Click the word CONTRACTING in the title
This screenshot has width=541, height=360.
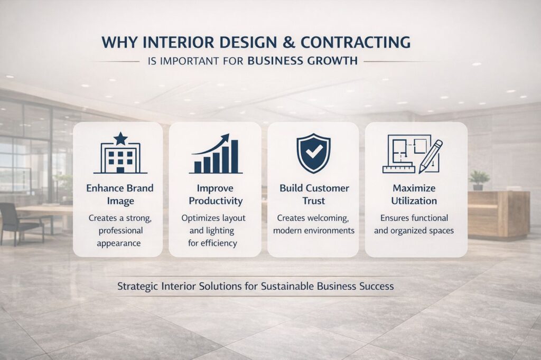click(x=356, y=42)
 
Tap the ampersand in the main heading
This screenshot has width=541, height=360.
click(x=288, y=42)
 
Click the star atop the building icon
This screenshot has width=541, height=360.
click(x=120, y=138)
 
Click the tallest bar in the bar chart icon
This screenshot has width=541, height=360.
click(x=234, y=157)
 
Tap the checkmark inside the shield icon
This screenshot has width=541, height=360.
click(x=314, y=151)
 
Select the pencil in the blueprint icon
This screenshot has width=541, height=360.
click(x=430, y=157)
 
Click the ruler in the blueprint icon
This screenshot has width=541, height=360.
click(x=398, y=169)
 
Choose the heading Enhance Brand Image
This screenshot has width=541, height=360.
click(x=120, y=194)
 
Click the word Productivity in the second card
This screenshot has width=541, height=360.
click(x=216, y=201)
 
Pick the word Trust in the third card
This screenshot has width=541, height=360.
click(x=314, y=201)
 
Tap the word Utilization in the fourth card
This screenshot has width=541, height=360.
click(x=414, y=201)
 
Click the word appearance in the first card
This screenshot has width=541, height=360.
click(x=119, y=243)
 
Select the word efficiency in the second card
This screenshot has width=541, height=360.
click(x=218, y=243)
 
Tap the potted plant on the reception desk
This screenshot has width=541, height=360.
click(x=479, y=179)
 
